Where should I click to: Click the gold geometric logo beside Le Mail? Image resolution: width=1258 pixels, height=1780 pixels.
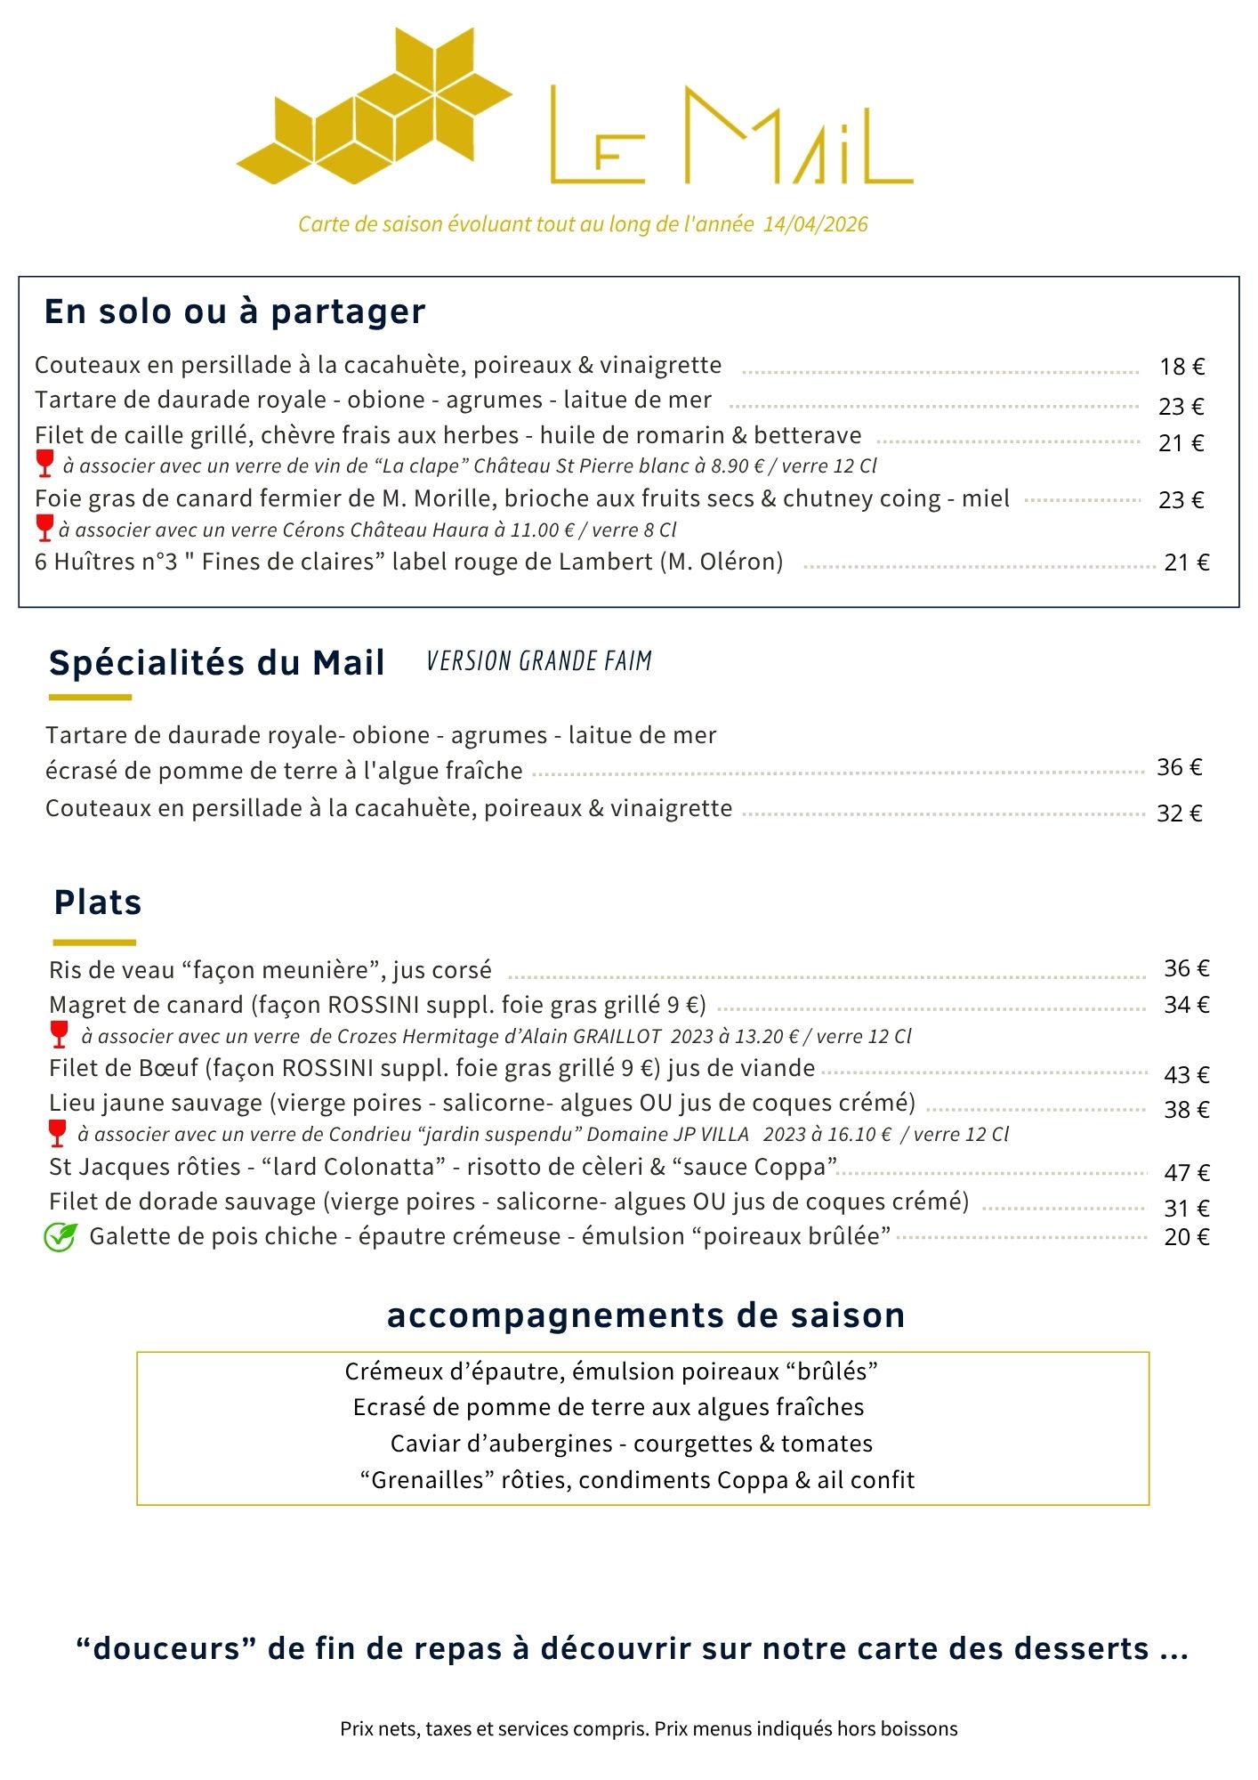(x=374, y=107)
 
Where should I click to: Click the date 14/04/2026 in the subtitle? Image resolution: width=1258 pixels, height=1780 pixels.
(x=815, y=224)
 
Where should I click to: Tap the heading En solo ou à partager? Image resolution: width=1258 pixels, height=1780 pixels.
(x=235, y=311)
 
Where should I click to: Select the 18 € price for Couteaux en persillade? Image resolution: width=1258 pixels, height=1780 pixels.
(x=1181, y=367)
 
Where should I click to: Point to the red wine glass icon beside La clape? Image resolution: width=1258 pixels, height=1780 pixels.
(x=44, y=464)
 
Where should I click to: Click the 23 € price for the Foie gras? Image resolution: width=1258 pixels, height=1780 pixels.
(x=1181, y=500)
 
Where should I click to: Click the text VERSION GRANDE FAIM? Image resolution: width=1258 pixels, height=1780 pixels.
(x=539, y=661)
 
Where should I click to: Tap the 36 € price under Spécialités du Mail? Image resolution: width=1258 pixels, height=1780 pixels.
(x=1179, y=767)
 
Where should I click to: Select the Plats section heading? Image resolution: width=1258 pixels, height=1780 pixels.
(x=98, y=902)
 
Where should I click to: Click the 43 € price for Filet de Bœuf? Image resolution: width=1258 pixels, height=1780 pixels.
(x=1186, y=1075)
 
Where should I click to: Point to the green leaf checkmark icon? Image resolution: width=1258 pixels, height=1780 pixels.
(x=60, y=1236)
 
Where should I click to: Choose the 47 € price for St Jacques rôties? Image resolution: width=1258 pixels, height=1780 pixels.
(x=1186, y=1173)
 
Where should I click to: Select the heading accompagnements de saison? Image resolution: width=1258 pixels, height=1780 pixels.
(x=645, y=1315)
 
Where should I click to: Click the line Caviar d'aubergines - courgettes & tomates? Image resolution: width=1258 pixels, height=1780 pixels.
(x=631, y=1444)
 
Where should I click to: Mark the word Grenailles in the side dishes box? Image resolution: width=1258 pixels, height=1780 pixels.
(x=426, y=1480)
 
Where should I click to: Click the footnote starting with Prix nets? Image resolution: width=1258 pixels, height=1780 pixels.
(x=648, y=1729)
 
